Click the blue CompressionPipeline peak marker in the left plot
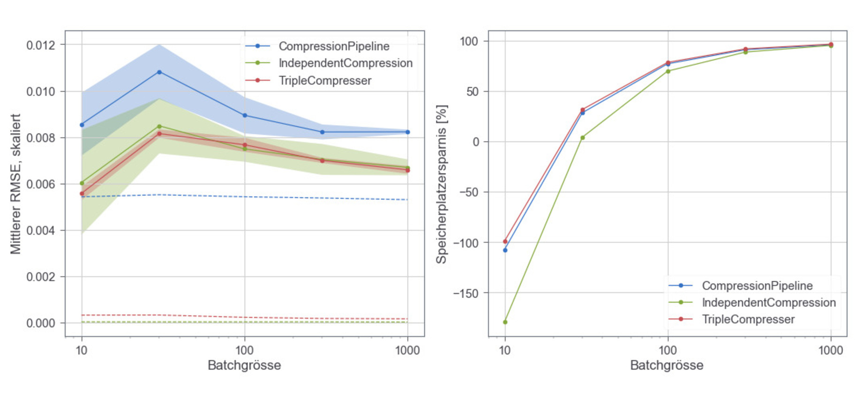click(159, 72)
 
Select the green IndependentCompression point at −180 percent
click(505, 322)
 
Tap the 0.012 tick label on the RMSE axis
click(40, 45)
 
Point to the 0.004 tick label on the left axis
click(40, 231)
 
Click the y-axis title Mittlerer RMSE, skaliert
click(16, 184)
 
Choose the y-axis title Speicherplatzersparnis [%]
click(442, 184)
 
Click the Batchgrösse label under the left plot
click(244, 366)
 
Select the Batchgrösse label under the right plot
click(667, 366)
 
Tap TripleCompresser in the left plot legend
click(325, 81)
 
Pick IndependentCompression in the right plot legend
click(768, 303)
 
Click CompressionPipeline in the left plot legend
click(334, 46)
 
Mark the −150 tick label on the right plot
click(466, 293)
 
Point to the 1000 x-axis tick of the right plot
click(830, 351)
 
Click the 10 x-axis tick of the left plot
click(82, 351)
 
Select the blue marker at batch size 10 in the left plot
click(82, 125)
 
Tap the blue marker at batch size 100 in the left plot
click(245, 115)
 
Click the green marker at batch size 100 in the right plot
click(668, 71)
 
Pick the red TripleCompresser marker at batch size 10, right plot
click(505, 242)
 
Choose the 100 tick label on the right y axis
click(469, 42)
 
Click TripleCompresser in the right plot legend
click(748, 320)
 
